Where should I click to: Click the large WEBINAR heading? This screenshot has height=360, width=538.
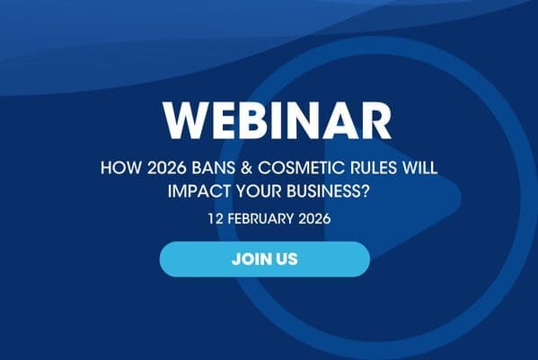tap(278, 120)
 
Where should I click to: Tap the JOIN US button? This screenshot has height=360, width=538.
tap(265, 259)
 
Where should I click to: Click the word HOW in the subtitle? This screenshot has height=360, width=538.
tap(120, 168)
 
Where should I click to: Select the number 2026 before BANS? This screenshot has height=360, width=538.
tap(167, 168)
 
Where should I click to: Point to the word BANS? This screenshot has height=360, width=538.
tap(214, 168)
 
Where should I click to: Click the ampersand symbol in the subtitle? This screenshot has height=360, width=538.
tap(247, 168)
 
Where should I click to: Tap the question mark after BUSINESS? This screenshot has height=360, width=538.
tap(365, 191)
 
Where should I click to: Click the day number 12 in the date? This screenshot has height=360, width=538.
tap(216, 219)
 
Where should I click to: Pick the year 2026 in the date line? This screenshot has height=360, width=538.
tap(314, 219)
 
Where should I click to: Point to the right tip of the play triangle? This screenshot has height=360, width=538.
tap(461, 197)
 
